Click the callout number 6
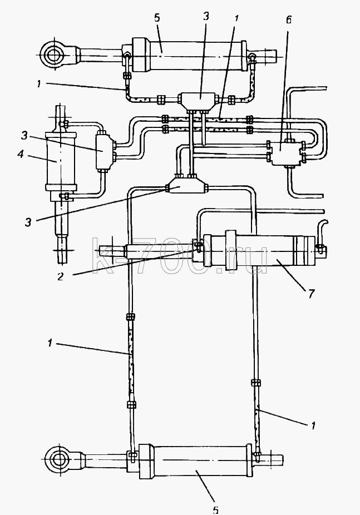tap(288, 20)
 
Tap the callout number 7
tap(311, 293)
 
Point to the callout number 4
tap(21, 153)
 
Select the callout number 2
tap(60, 276)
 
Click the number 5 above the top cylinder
tap(157, 18)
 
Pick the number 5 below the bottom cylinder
tap(215, 510)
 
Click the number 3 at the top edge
tap(206, 16)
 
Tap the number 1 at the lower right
tap(313, 425)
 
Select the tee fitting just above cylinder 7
tap(186, 188)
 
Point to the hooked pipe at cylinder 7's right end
tap(321, 233)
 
